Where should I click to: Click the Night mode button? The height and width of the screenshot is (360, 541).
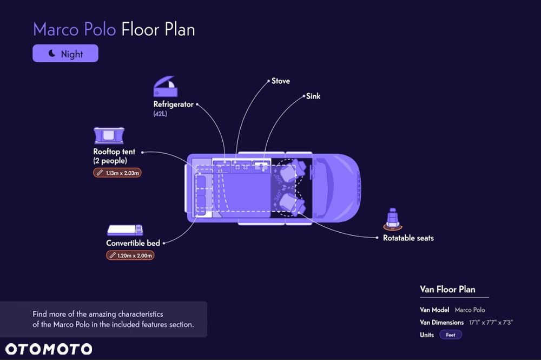click(x=65, y=54)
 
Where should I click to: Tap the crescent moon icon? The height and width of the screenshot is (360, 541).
click(x=52, y=53)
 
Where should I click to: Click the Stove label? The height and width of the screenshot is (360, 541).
click(x=280, y=81)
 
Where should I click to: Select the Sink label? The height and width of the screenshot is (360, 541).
click(x=313, y=96)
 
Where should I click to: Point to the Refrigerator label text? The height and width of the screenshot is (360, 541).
click(x=173, y=104)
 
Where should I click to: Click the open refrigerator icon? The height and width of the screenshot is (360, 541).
click(x=166, y=86)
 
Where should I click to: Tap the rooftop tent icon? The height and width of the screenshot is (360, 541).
click(x=109, y=135)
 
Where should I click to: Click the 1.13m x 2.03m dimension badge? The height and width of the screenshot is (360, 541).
click(x=117, y=173)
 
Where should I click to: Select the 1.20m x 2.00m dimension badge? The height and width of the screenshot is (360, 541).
click(x=130, y=256)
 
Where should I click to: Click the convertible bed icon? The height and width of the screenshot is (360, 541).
click(x=125, y=230)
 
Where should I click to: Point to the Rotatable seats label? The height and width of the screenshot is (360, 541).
click(x=408, y=238)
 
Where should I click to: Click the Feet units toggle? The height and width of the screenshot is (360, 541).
click(x=451, y=335)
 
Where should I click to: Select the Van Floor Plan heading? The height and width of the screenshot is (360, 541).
click(x=447, y=289)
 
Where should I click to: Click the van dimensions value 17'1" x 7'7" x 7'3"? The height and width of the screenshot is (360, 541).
click(x=491, y=323)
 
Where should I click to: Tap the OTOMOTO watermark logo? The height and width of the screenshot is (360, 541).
click(x=49, y=349)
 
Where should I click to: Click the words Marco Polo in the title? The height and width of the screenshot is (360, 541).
click(x=75, y=29)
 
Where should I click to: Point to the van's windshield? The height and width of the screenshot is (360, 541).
click(x=326, y=188)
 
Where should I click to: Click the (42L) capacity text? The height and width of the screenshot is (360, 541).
click(x=160, y=114)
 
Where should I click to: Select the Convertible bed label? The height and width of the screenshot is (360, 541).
click(x=133, y=243)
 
